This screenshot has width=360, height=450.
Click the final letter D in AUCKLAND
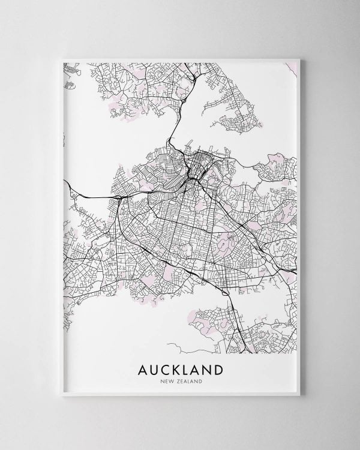[217, 368]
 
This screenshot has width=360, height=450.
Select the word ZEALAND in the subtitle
[188, 380]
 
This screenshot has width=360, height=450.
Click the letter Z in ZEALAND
[176, 380]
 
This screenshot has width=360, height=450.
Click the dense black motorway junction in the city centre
[191, 177]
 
